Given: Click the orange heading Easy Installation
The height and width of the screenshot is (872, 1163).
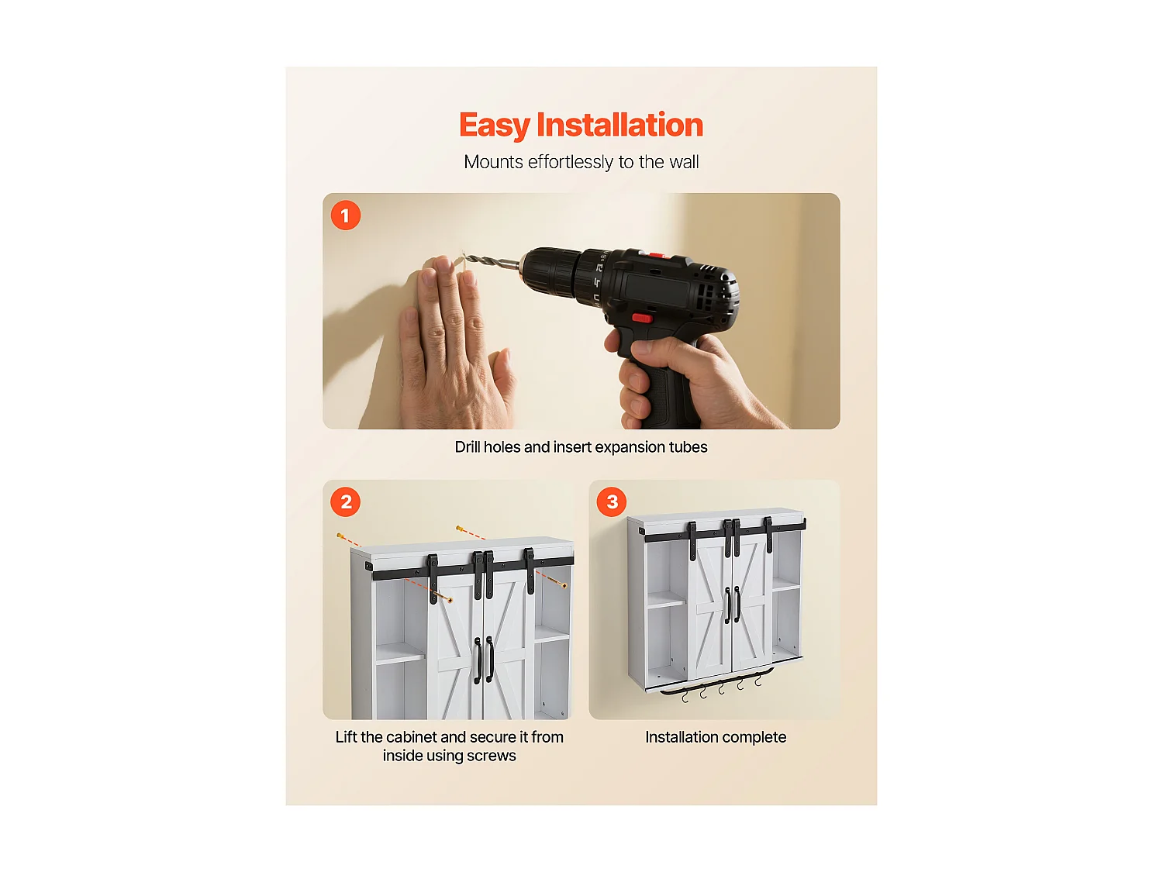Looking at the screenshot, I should [x=581, y=126].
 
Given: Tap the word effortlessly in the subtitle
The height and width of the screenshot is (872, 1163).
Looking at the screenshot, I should [x=571, y=162].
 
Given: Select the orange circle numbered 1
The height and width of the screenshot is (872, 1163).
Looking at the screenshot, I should [x=346, y=215].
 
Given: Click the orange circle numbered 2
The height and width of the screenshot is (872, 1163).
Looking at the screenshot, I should [x=346, y=502].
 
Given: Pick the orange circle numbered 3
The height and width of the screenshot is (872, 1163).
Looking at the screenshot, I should [x=612, y=502].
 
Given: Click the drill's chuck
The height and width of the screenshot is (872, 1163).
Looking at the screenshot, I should [x=547, y=272].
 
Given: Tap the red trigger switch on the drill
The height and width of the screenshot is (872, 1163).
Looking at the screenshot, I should [x=641, y=317].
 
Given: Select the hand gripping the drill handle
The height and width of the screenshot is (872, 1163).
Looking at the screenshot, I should [x=682, y=380].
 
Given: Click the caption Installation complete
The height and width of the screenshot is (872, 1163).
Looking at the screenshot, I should [x=716, y=737].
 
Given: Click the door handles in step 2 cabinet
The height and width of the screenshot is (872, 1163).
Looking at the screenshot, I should [x=484, y=659].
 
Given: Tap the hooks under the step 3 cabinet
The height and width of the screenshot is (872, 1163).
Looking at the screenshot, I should [x=721, y=688].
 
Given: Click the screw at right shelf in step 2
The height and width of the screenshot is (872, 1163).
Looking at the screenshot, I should [x=562, y=584].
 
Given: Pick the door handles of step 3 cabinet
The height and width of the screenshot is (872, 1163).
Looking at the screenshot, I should [x=733, y=605].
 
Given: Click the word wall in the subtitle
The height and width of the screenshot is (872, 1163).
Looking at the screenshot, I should [x=684, y=162].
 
